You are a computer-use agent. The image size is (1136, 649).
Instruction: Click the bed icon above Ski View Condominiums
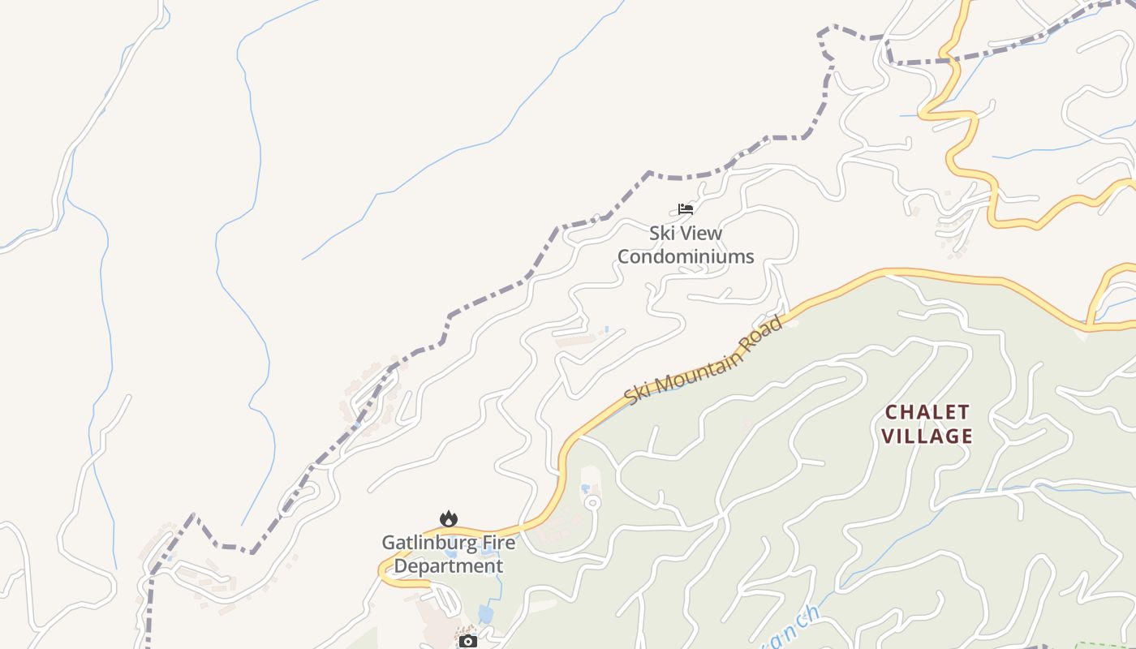686,209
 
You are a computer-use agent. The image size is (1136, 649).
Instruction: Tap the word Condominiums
686,257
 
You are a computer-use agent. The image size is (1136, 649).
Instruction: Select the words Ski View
686,234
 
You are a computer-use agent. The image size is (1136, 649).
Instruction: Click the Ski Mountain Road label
704,360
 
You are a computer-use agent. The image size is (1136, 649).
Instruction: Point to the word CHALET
927,412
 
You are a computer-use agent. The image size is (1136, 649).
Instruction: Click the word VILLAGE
927,436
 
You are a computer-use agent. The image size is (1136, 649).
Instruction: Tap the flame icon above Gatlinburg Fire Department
448,518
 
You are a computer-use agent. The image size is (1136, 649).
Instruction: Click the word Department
448,566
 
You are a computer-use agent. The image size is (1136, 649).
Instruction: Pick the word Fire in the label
493,542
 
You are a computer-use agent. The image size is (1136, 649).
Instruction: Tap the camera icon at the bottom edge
467,642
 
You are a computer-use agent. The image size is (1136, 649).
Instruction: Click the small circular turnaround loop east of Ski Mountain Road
592,503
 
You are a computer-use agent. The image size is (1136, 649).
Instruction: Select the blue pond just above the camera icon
485,613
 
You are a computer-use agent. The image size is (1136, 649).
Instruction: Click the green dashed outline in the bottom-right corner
1104,645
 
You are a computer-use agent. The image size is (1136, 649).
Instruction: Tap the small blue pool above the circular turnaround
586,489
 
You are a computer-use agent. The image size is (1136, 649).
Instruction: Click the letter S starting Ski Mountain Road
630,398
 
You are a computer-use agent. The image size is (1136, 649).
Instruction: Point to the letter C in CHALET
890,412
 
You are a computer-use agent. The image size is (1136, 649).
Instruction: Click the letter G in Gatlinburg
389,542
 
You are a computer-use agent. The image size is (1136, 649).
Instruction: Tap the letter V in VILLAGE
888,436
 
